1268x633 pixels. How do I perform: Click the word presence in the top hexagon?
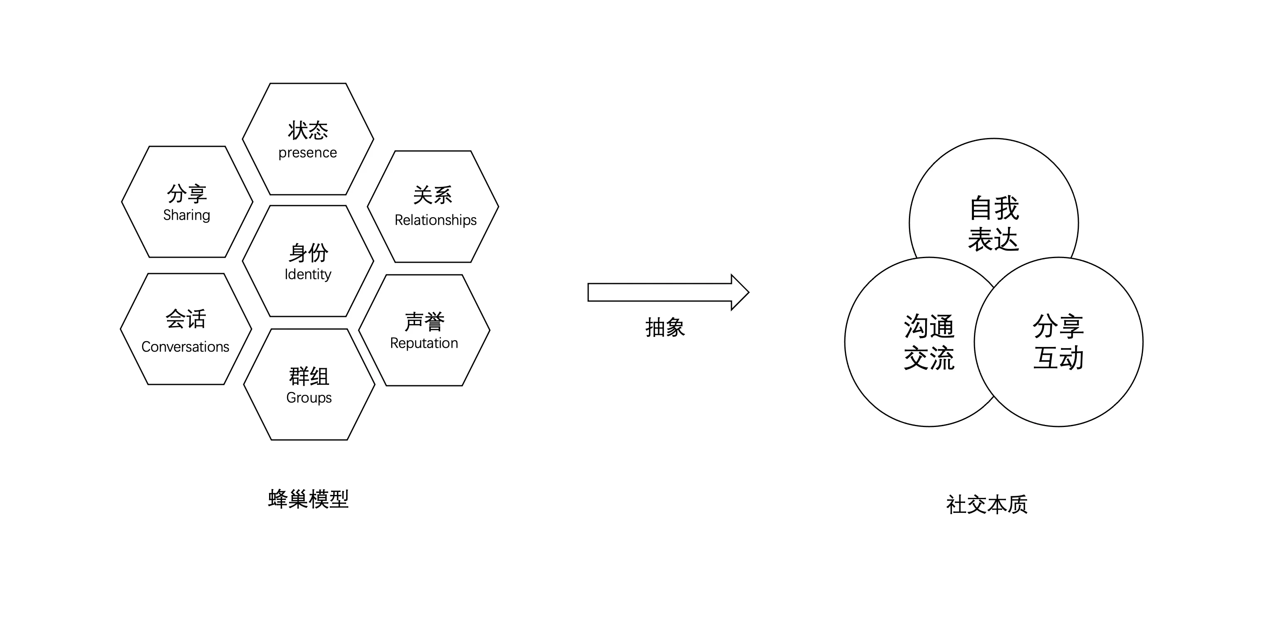[308, 153]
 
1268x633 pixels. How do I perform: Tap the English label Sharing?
[187, 215]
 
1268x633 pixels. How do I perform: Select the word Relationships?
[436, 220]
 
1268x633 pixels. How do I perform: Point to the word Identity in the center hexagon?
[308, 274]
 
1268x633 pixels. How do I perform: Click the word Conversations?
[185, 347]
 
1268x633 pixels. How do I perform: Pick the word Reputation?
[424, 343]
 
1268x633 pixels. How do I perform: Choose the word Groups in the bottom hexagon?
[309, 397]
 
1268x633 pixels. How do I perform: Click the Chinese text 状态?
[308, 131]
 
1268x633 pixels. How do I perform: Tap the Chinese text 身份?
[308, 253]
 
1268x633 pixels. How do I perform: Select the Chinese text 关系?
[433, 196]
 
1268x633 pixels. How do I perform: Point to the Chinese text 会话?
[185, 319]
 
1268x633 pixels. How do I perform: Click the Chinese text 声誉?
[424, 322]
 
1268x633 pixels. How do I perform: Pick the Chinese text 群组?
[309, 377]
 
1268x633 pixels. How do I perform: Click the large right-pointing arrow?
[669, 293]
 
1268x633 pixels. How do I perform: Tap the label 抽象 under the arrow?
[665, 328]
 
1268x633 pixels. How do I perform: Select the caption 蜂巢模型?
[309, 499]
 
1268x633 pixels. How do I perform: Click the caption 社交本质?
[987, 505]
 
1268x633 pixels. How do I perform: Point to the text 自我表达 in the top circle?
[994, 224]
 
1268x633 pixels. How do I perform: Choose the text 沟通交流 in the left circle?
[929, 342]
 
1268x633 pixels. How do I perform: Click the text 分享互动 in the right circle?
[1058, 342]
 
